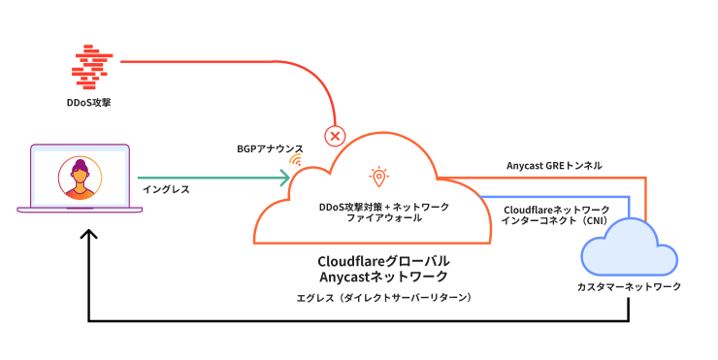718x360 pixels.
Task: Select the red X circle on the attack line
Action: point(336,136)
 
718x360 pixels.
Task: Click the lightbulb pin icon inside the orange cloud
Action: point(378,177)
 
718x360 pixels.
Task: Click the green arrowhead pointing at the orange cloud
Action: point(285,178)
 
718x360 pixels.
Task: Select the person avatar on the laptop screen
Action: point(80,179)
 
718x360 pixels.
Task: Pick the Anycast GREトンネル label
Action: point(554,165)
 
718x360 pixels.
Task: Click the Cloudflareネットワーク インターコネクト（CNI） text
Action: point(556,214)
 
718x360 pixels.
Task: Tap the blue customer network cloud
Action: point(627,250)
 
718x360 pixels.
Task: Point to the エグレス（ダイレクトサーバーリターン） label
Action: point(385,297)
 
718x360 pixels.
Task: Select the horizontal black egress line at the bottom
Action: point(359,321)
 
